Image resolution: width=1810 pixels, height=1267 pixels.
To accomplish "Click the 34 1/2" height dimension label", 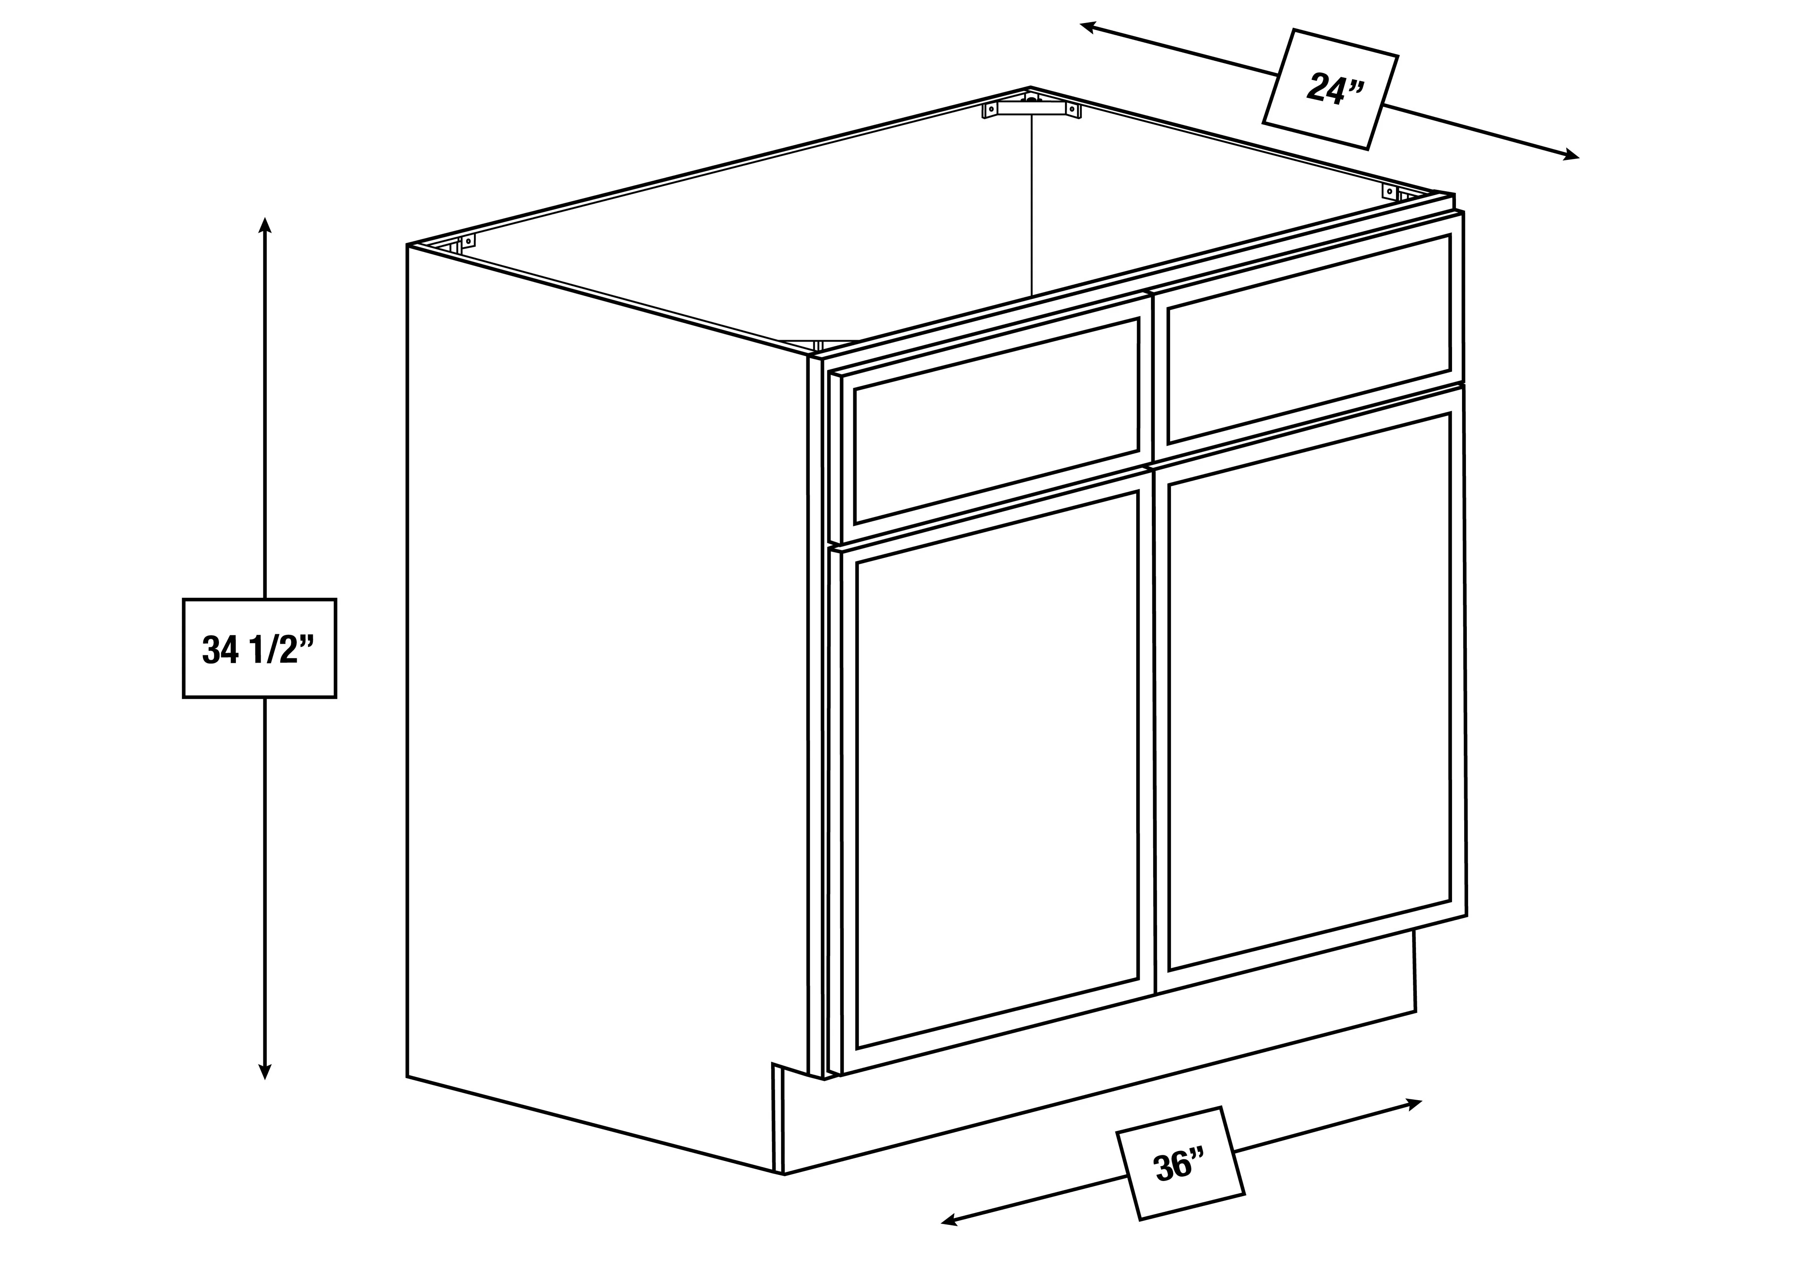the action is (x=259, y=648).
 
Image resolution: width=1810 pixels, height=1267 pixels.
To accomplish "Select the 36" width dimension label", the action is (x=1180, y=1166).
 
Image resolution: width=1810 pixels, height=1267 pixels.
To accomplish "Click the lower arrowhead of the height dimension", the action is (x=265, y=1071).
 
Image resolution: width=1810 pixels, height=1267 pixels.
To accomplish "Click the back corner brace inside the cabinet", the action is (x=1031, y=108).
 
